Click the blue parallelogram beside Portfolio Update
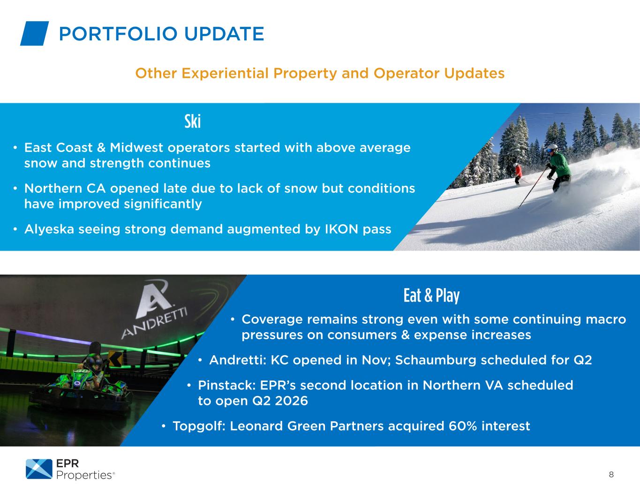(34, 33)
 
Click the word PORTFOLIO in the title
(118, 34)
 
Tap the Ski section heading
(193, 121)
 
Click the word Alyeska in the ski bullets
(49, 229)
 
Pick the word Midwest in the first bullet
(136, 148)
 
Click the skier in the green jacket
(558, 168)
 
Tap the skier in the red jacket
(518, 173)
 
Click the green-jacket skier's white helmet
(553, 147)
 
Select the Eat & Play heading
(431, 296)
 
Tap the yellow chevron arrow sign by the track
(115, 358)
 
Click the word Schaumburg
(436, 360)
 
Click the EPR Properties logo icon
(39, 469)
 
